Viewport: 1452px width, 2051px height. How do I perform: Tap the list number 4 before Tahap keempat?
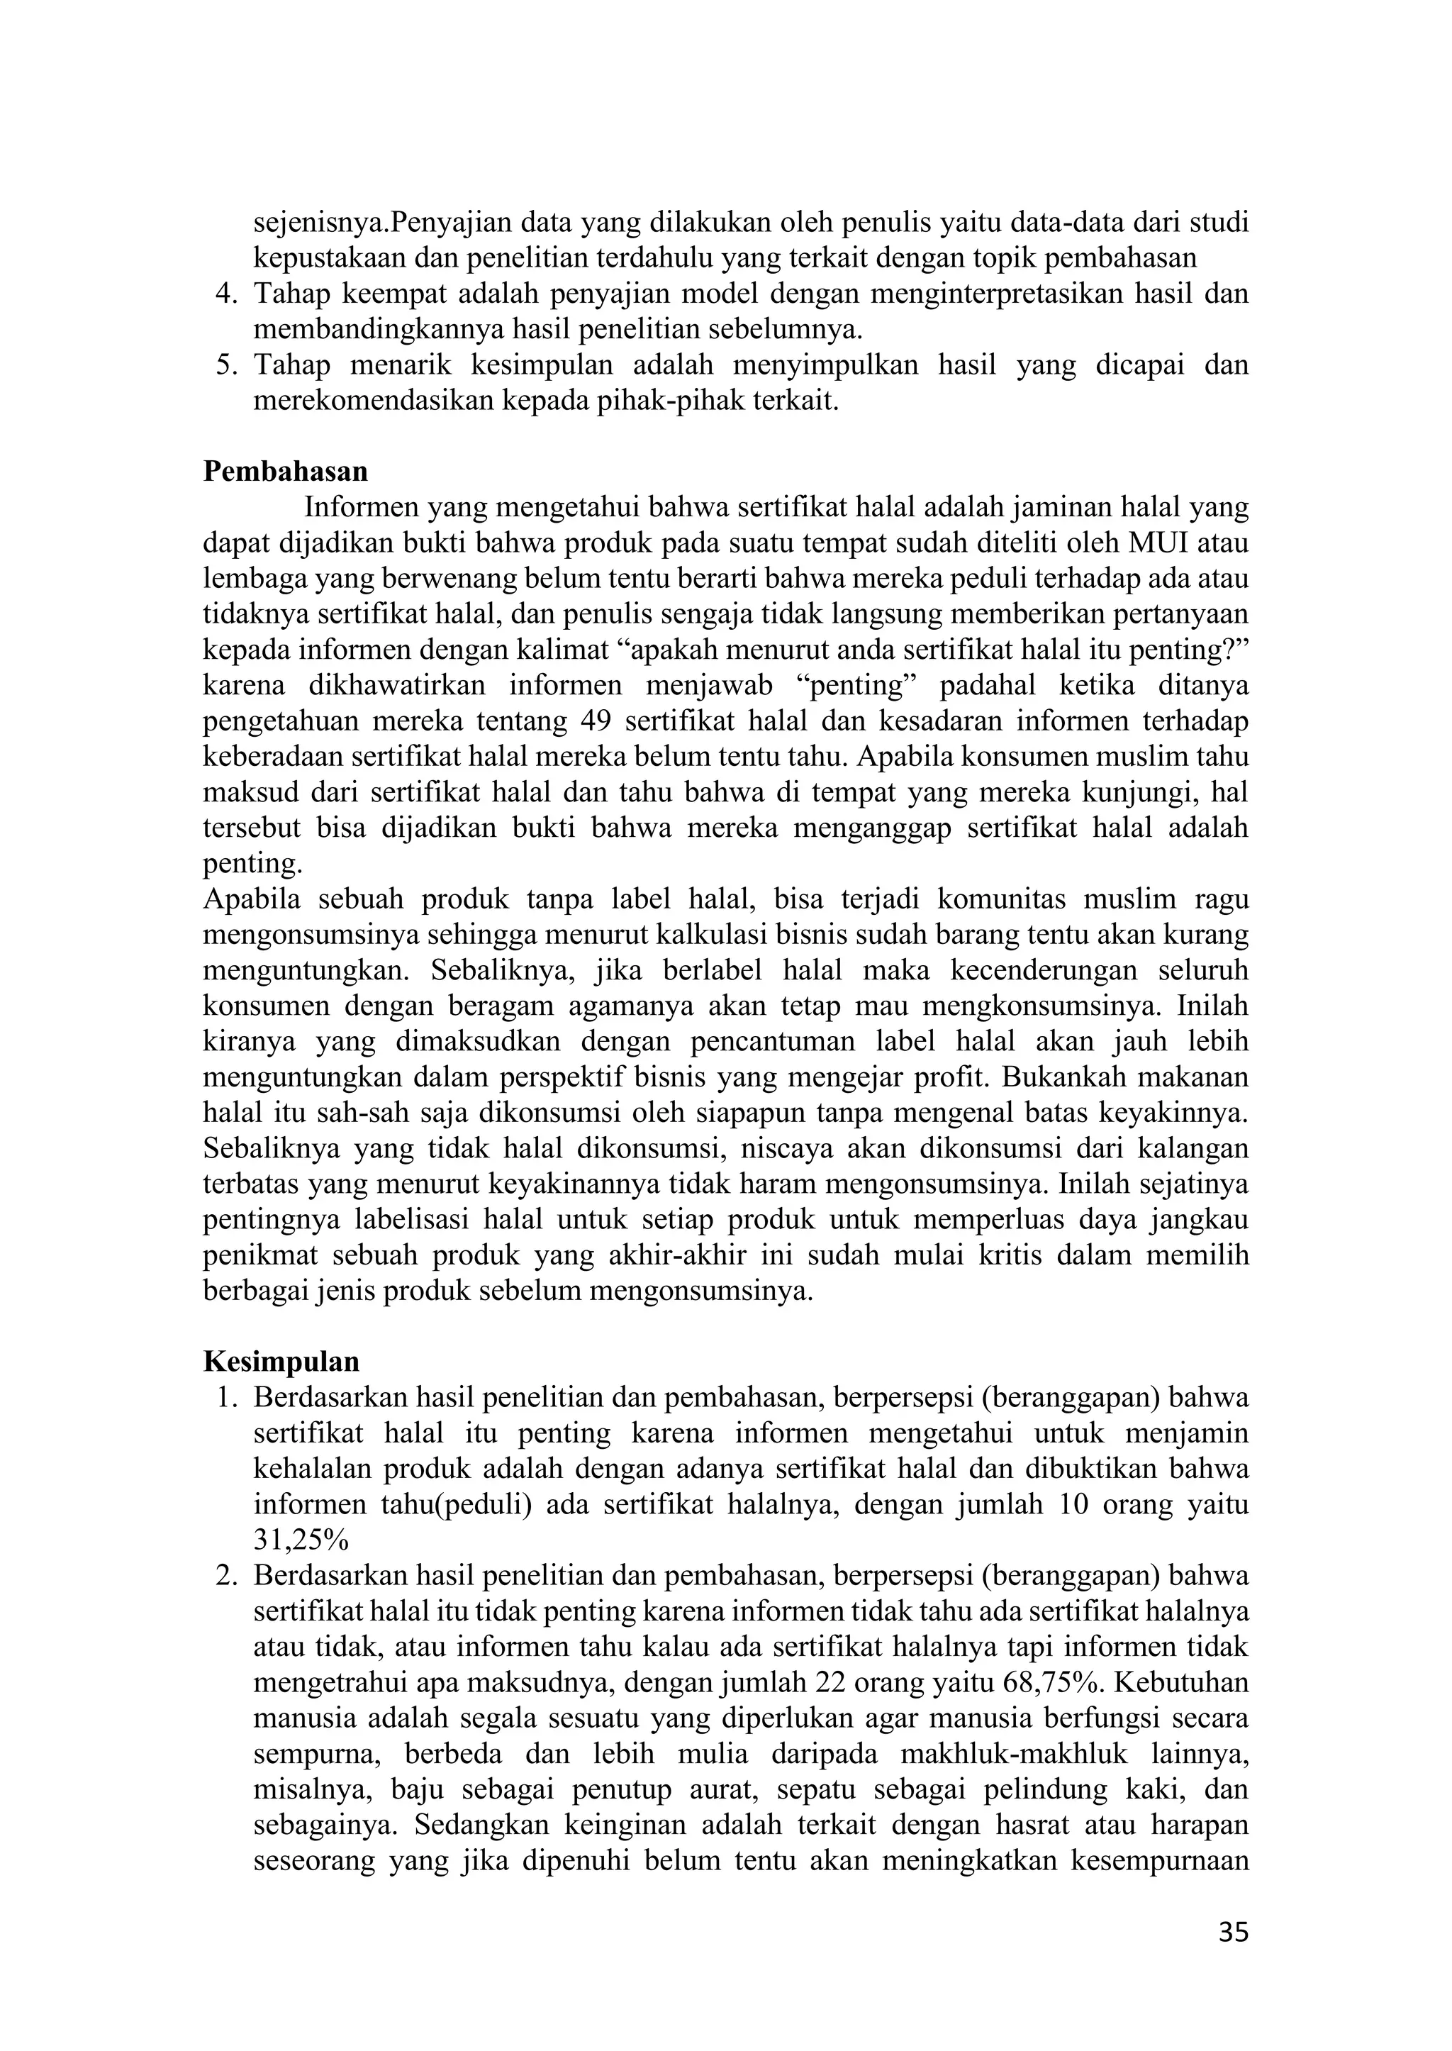click(x=225, y=294)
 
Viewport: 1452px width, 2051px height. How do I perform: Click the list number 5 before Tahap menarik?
click(x=225, y=366)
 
